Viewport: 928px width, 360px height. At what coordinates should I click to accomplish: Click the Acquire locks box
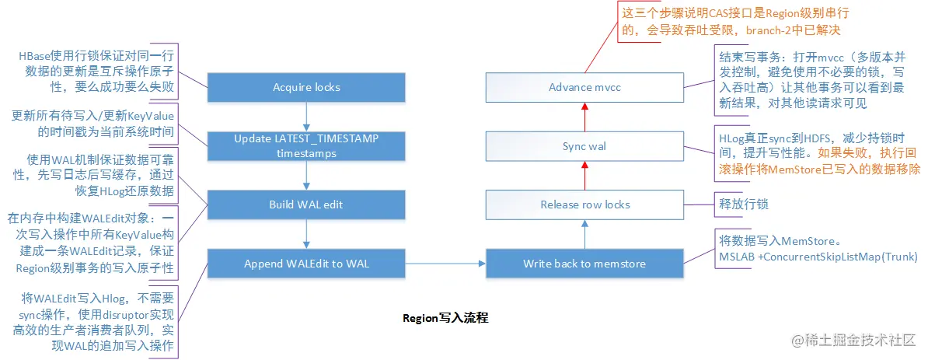click(x=306, y=88)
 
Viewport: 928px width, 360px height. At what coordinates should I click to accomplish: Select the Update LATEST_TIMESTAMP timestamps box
click(x=306, y=145)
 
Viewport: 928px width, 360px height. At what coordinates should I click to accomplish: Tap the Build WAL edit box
click(x=306, y=204)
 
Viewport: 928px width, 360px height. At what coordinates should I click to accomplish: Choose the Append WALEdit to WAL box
click(x=306, y=263)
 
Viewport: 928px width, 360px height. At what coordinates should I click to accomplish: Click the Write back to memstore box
click(x=584, y=263)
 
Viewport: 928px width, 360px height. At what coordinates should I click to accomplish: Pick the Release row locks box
click(x=584, y=204)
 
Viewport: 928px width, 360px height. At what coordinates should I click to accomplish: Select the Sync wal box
click(x=584, y=145)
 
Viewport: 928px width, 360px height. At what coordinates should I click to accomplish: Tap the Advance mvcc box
click(x=584, y=88)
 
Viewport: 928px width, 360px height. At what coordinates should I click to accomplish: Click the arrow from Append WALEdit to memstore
click(x=445, y=263)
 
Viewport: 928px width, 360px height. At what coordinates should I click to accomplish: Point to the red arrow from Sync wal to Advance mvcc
click(x=584, y=117)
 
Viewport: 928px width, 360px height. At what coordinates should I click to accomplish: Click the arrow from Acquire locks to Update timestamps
click(x=306, y=117)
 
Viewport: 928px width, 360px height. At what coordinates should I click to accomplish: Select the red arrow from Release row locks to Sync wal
click(x=584, y=175)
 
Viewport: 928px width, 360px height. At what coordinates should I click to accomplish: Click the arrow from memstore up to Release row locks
click(x=584, y=234)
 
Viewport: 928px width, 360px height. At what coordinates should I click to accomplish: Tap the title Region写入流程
click(x=445, y=318)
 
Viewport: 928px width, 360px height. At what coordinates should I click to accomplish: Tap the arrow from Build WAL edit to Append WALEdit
click(x=306, y=234)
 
